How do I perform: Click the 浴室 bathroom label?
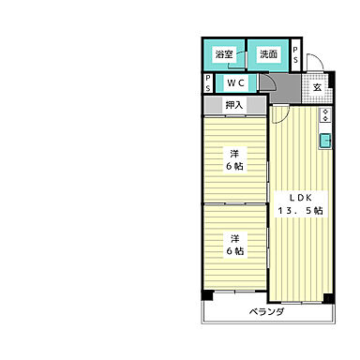[223, 54]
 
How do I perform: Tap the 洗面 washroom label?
[268, 54]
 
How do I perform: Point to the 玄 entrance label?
[317, 87]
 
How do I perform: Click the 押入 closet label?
[234, 105]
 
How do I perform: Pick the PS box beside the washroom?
[296, 53]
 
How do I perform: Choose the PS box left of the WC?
[207, 83]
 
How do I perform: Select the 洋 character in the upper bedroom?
[234, 153]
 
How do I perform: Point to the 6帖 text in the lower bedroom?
[234, 250]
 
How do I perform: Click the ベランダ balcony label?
[267, 311]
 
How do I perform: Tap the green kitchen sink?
[324, 142]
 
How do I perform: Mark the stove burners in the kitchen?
[324, 117]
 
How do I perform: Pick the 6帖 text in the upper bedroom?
[234, 167]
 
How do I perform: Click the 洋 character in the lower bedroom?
[234, 236]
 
